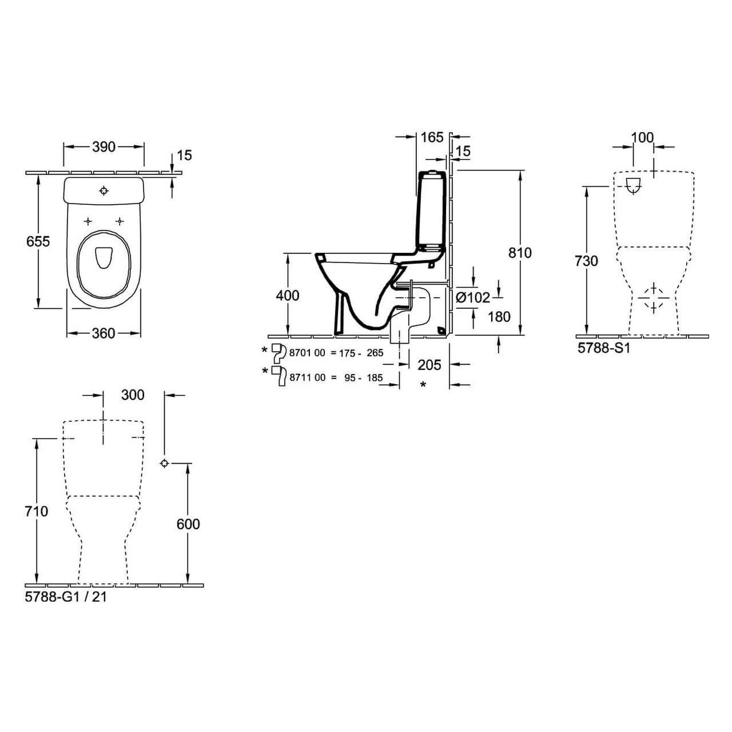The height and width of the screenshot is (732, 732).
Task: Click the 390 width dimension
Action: pyautogui.click(x=104, y=147)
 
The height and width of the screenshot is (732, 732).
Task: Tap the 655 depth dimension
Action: pyautogui.click(x=38, y=241)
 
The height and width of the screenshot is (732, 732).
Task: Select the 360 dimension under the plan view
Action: pyautogui.click(x=104, y=333)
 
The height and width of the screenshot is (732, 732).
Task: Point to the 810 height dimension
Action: pyautogui.click(x=520, y=253)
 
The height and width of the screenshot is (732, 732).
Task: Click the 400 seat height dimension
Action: pyautogui.click(x=288, y=295)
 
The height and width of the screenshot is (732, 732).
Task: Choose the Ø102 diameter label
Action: pyautogui.click(x=473, y=297)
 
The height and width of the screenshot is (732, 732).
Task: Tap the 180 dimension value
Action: pyautogui.click(x=499, y=316)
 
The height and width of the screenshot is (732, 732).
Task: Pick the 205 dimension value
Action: pyautogui.click(x=429, y=365)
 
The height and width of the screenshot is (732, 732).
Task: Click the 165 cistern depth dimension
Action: pyautogui.click(x=432, y=137)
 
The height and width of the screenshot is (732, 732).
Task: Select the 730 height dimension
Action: pyautogui.click(x=586, y=261)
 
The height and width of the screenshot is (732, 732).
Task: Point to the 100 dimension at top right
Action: pyautogui.click(x=642, y=137)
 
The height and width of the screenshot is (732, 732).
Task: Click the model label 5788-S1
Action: pyautogui.click(x=603, y=348)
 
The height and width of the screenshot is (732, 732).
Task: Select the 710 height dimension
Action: pyautogui.click(x=37, y=511)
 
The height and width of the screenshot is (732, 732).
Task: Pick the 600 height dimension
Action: pyautogui.click(x=188, y=524)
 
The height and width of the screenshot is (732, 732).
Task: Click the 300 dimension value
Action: pyautogui.click(x=133, y=395)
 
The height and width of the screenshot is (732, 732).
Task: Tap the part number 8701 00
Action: pyautogui.click(x=307, y=353)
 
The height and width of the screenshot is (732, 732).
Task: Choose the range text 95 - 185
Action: pyautogui.click(x=364, y=377)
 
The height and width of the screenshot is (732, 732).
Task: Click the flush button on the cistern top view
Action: pyautogui.click(x=104, y=190)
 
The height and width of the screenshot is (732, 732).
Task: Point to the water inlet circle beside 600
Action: pyautogui.click(x=164, y=463)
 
